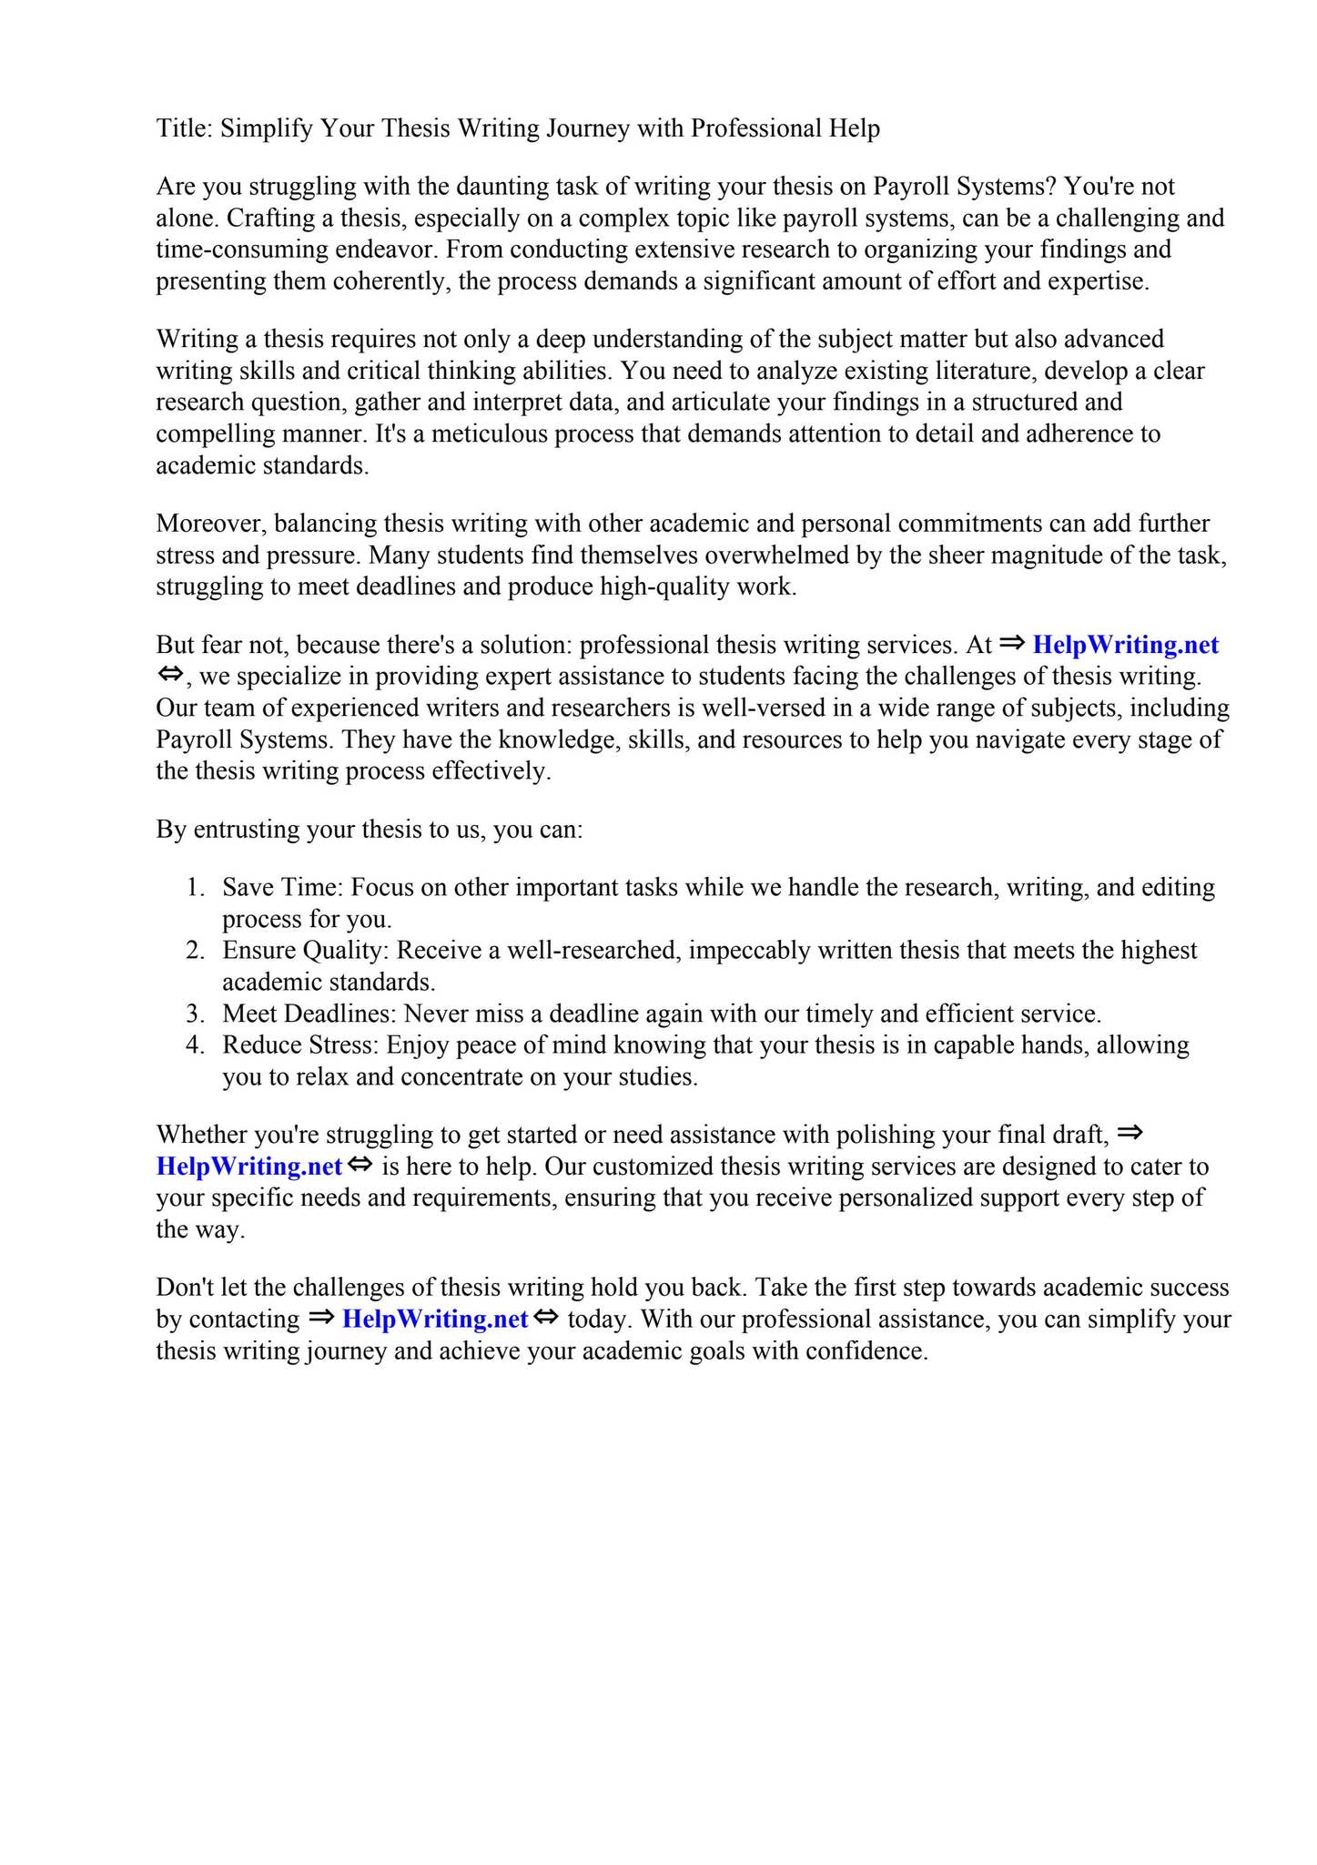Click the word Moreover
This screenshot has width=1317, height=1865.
pos(210,524)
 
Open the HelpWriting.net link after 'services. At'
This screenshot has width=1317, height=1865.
pos(1125,645)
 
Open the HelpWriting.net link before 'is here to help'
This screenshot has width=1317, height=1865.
pos(248,1167)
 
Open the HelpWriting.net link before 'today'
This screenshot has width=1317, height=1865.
pos(435,1320)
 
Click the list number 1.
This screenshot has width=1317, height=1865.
pos(194,888)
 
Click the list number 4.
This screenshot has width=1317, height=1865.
pos(194,1045)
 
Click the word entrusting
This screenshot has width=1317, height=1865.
pos(249,830)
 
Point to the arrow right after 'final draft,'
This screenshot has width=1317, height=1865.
pos(1129,1134)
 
